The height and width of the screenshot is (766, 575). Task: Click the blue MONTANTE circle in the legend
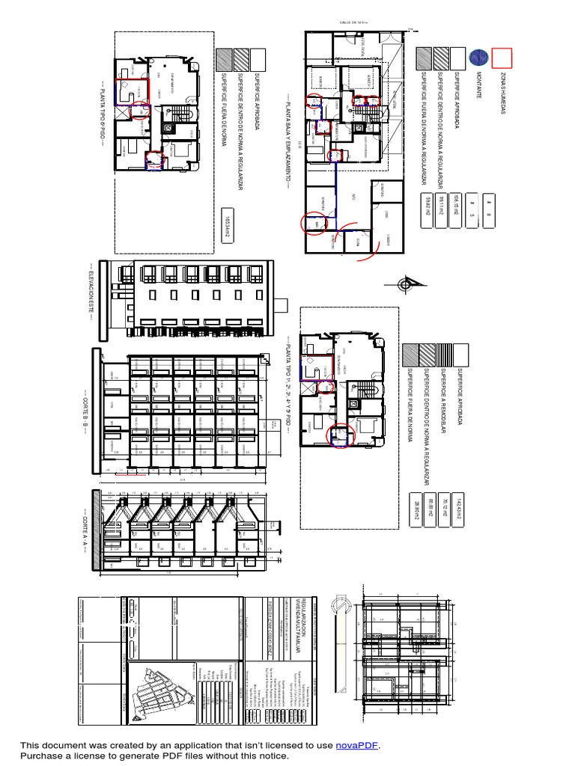[x=478, y=58]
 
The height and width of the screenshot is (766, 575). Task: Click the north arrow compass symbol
[x=405, y=285]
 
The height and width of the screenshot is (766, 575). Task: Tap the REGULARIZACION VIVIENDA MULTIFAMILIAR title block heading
[x=287, y=629]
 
